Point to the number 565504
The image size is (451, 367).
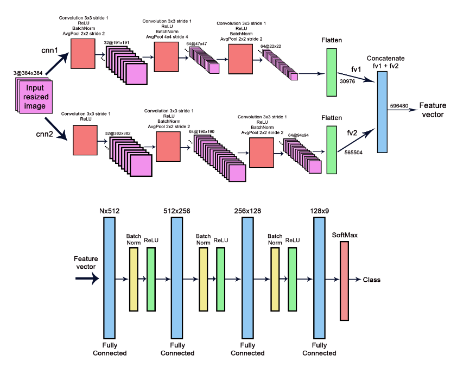tap(353, 153)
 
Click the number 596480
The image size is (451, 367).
tap(399, 106)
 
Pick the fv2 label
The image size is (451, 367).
tap(353, 133)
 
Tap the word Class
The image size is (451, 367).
tap(372, 280)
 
